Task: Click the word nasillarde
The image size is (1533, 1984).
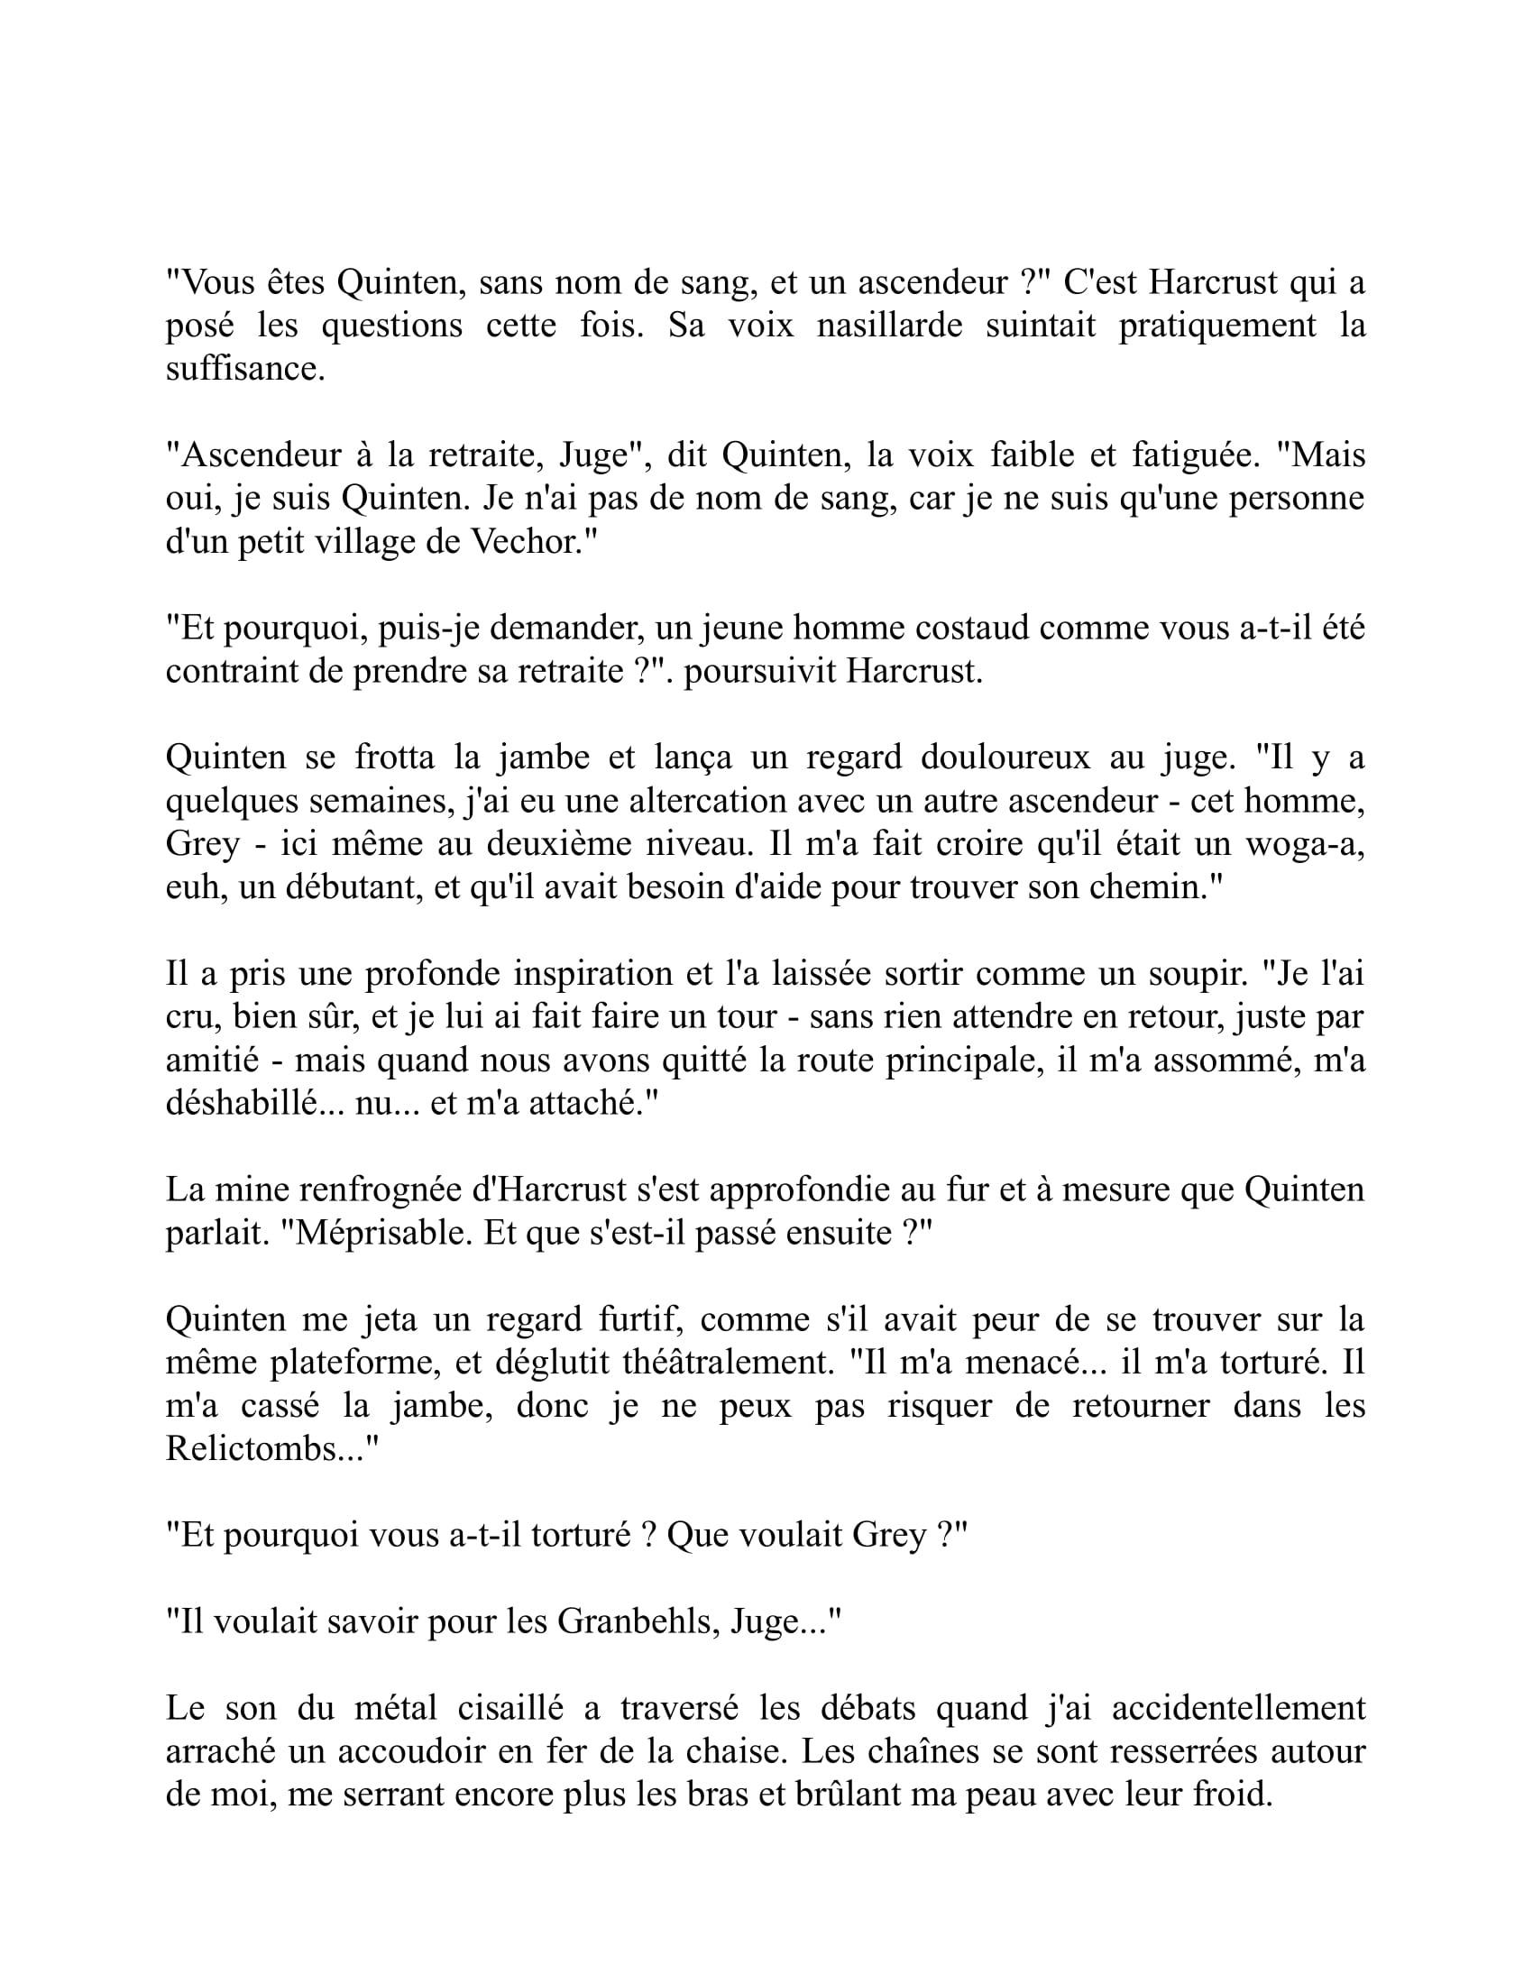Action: coord(888,326)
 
